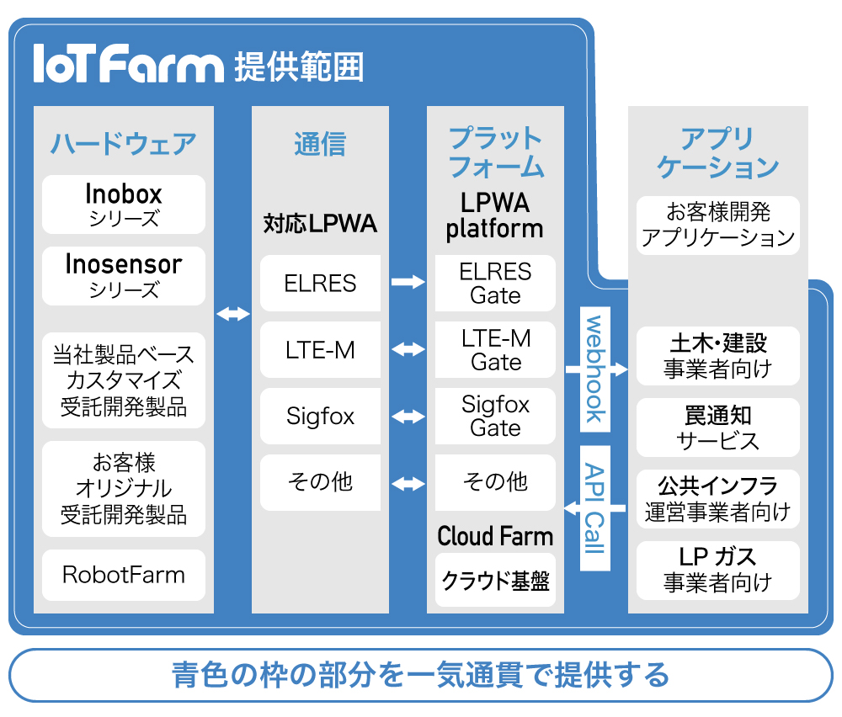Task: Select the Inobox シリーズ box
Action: click(124, 204)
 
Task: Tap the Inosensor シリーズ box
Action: click(124, 276)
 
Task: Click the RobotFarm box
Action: click(124, 576)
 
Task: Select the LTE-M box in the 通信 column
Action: click(320, 350)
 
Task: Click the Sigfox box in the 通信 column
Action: click(320, 417)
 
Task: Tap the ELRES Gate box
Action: click(495, 284)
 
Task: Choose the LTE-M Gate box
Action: click(495, 350)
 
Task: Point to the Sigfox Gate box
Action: click(495, 417)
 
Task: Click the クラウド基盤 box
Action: click(495, 581)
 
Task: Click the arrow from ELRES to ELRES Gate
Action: click(408, 283)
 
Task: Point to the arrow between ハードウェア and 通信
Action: click(233, 314)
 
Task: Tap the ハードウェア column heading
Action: click(124, 143)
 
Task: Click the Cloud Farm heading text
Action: click(495, 536)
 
